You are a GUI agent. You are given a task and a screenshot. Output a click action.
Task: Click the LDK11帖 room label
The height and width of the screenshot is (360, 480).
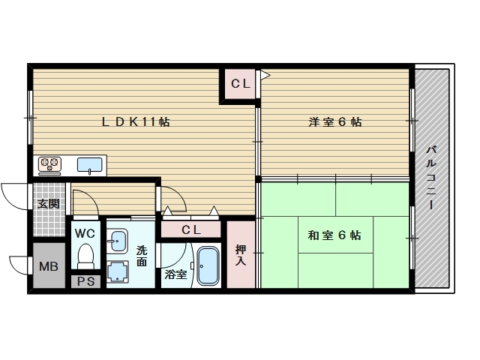(x=136, y=121)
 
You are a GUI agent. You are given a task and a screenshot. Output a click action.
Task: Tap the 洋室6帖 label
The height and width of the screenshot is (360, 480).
(x=334, y=121)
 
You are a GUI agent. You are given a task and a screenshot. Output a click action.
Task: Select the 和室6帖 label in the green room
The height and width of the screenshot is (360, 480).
(x=334, y=235)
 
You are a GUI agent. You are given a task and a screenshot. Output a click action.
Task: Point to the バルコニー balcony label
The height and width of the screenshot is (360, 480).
(x=431, y=178)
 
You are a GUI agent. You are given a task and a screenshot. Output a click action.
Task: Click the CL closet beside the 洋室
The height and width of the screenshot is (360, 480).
(x=240, y=84)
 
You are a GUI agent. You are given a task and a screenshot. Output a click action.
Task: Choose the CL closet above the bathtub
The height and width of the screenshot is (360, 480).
(x=191, y=229)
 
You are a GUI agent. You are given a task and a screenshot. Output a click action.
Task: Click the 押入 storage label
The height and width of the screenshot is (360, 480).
(x=240, y=256)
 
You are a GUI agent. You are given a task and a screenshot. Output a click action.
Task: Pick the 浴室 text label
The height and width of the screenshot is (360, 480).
(x=175, y=275)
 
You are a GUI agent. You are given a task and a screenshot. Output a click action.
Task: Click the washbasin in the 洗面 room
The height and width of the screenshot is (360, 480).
(x=118, y=240)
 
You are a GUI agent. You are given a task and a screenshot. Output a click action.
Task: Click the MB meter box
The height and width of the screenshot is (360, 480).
(x=48, y=266)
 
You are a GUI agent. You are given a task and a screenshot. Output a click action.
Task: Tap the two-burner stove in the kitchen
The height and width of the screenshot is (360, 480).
(x=50, y=164)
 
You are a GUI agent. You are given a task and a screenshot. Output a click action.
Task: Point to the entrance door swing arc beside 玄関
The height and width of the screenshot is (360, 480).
(x=15, y=196)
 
